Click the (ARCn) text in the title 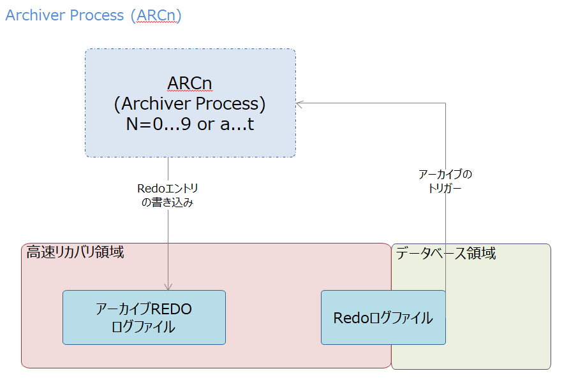pyautogui.click(x=156, y=15)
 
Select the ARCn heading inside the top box pyautogui.click(x=189, y=84)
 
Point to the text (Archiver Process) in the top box pyautogui.click(x=189, y=103)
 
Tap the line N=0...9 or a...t pyautogui.click(x=189, y=124)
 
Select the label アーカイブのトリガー pyautogui.click(x=445, y=181)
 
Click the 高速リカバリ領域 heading pyautogui.click(x=75, y=252)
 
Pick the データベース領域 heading pyautogui.click(x=445, y=253)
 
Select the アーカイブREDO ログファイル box pyautogui.click(x=144, y=317)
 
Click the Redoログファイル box pyautogui.click(x=383, y=317)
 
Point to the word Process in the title pyautogui.click(x=96, y=15)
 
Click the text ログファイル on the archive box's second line pyautogui.click(x=144, y=327)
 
